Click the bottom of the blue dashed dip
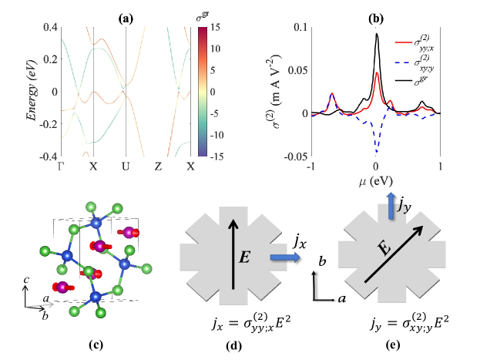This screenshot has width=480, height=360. coord(376,153)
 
